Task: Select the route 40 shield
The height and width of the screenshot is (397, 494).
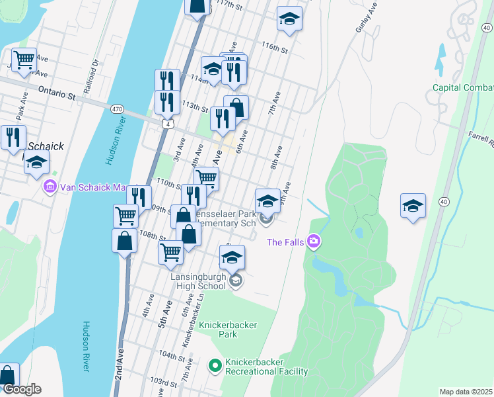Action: [x=442, y=201]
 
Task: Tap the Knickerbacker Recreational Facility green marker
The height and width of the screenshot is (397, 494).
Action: [x=215, y=365]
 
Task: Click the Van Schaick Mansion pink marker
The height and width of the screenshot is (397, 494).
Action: [x=50, y=187]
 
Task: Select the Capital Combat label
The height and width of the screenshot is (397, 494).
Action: [x=463, y=88]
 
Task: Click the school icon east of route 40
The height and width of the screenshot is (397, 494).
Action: [x=413, y=206]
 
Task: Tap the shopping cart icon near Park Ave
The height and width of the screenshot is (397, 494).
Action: [x=23, y=60]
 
